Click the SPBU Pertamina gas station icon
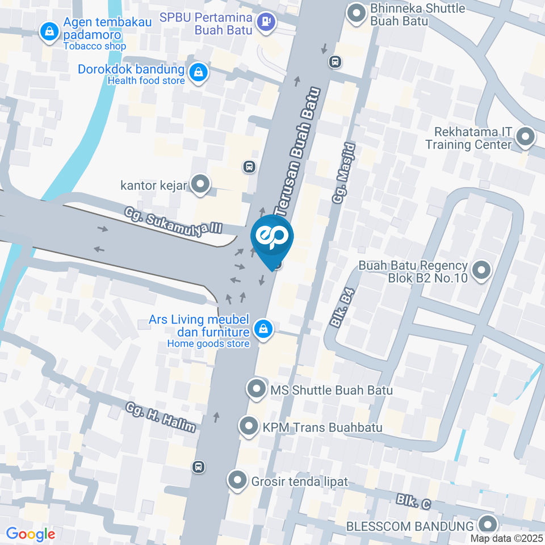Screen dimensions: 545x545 pyautogui.click(x=265, y=23)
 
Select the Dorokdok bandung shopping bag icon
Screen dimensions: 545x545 pyautogui.click(x=198, y=72)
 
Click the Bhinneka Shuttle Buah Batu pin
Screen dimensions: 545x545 pyautogui.click(x=357, y=14)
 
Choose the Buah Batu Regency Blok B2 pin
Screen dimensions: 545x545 pyautogui.click(x=481, y=271)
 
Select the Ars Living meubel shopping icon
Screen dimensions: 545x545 pyautogui.click(x=263, y=328)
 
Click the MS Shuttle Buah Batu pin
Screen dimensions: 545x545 pyautogui.click(x=257, y=389)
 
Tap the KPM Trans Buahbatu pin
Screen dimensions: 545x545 pyautogui.click(x=249, y=427)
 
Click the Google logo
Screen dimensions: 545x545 pyautogui.click(x=30, y=534)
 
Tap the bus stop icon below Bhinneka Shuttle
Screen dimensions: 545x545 pyautogui.click(x=336, y=61)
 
